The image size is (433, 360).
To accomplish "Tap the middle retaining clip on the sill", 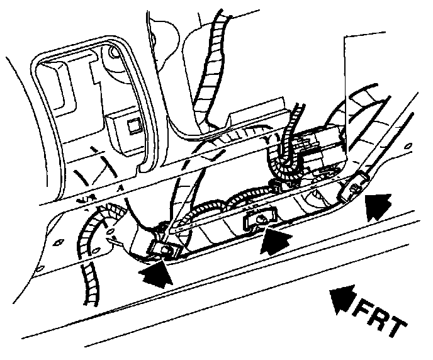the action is [x=258, y=218].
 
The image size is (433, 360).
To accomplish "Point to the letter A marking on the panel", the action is [x=118, y=187].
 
